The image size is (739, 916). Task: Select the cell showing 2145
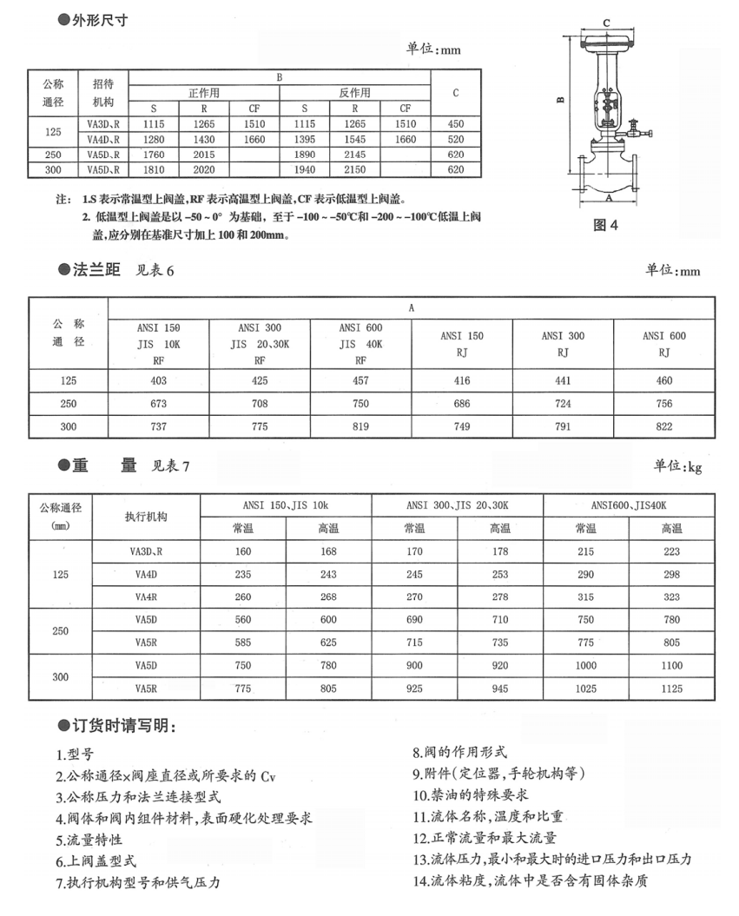pos(356,155)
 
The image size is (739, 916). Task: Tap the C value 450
pos(456,124)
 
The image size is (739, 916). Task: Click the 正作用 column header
pos(205,93)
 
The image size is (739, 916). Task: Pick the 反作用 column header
pos(355,93)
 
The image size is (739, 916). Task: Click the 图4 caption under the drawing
pos(604,225)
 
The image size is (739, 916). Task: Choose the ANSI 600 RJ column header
pos(664,344)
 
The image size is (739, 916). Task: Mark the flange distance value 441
pos(564,380)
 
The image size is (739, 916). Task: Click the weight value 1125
pos(672,689)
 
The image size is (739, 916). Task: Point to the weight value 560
pos(242,620)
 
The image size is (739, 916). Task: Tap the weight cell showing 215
pos(586,551)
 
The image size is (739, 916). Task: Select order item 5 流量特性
pos(89,840)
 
